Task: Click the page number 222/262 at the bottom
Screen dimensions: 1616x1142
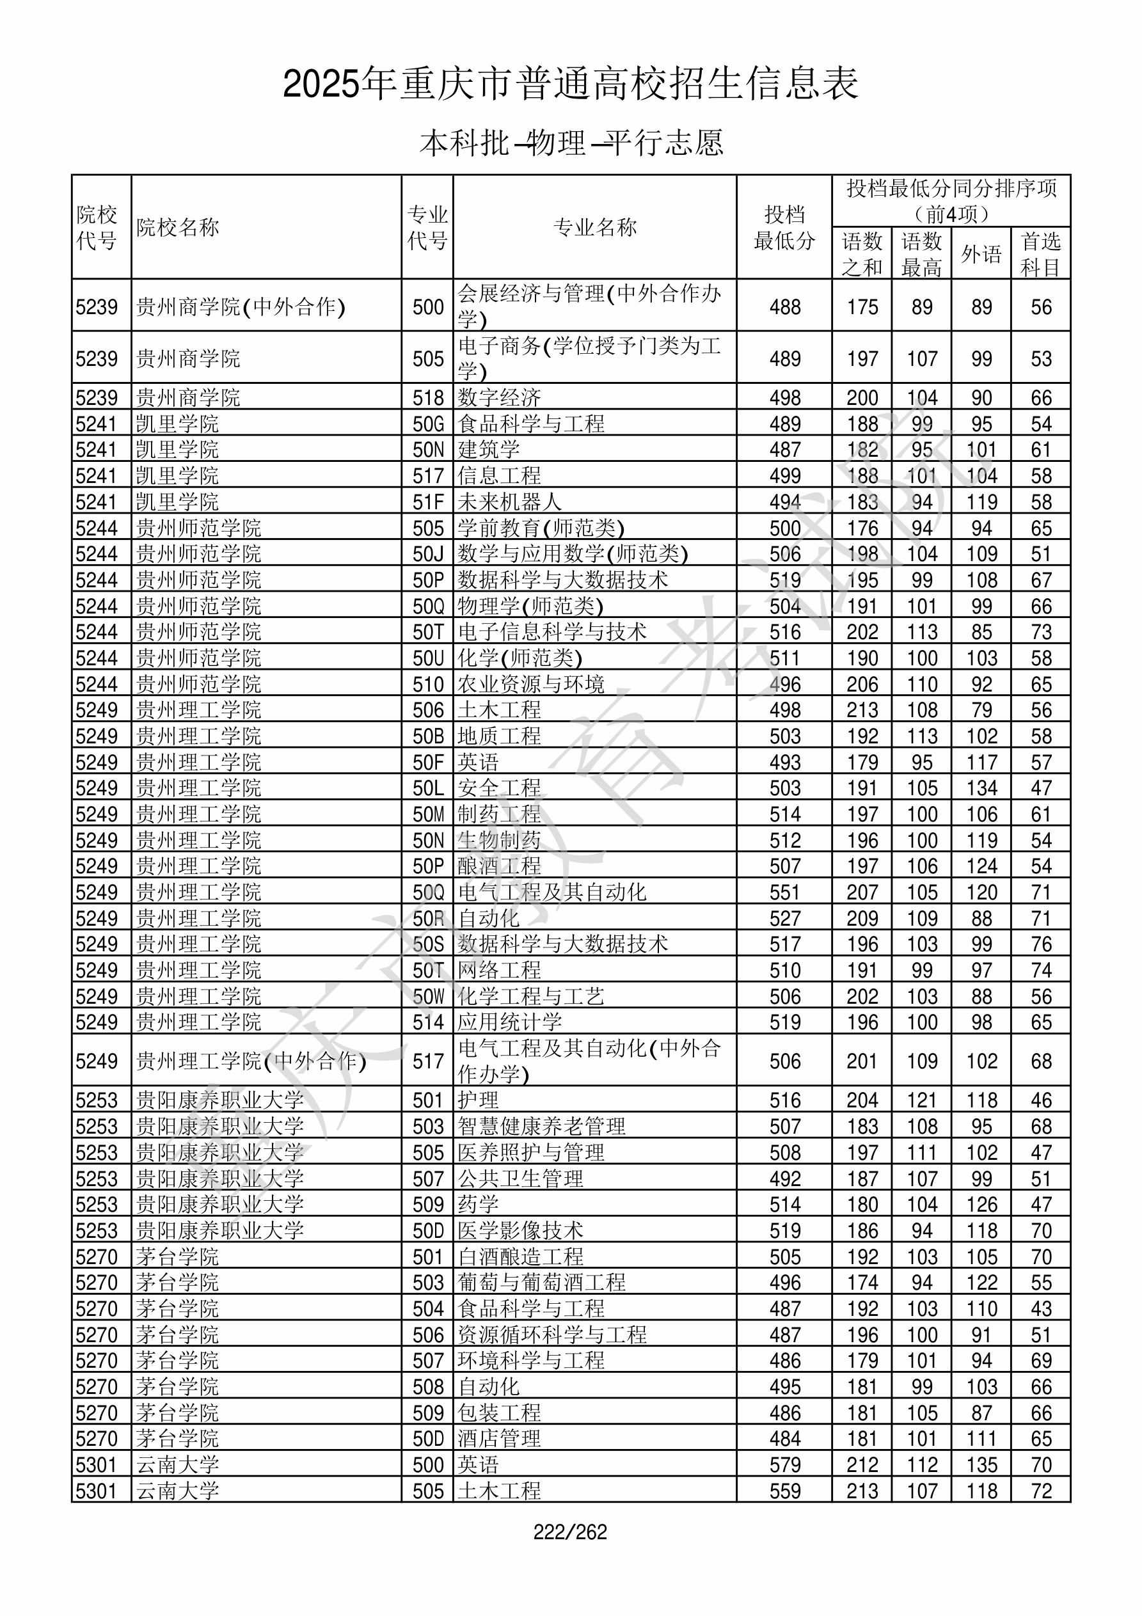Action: pos(569,1532)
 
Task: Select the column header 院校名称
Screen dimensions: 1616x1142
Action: pos(178,227)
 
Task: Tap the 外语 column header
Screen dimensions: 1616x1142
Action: pos(981,254)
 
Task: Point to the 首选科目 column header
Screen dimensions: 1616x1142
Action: pos(1041,254)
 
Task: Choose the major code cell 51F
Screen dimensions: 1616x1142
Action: pos(428,502)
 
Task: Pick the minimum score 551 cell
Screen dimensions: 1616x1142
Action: pos(784,892)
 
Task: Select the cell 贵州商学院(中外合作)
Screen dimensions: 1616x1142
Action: pos(240,307)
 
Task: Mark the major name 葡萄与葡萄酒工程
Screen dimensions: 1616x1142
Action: pos(541,1283)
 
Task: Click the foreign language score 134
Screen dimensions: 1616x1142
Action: pos(981,788)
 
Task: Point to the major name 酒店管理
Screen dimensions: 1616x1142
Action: pos(499,1439)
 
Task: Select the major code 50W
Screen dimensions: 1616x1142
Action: pos(428,997)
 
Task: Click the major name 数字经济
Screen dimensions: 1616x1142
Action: pos(499,398)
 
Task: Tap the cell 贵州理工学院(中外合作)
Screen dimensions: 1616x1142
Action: pos(251,1061)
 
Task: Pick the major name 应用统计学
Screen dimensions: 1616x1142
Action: pos(510,1022)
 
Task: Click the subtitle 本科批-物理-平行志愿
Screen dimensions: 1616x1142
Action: pos(571,143)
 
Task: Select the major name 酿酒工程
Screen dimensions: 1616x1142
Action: pos(499,866)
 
